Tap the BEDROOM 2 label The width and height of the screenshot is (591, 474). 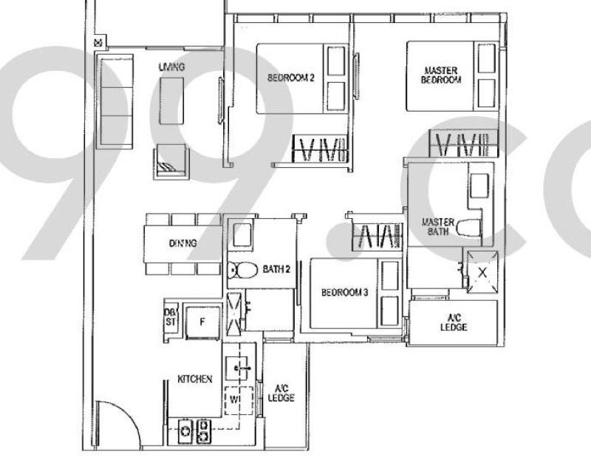(x=290, y=78)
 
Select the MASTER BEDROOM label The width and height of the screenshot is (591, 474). (x=441, y=75)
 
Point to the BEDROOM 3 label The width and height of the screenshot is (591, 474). (x=344, y=292)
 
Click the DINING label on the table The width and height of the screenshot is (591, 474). (x=182, y=243)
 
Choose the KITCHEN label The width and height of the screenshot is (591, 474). (x=195, y=379)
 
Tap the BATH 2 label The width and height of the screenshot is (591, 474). (x=276, y=269)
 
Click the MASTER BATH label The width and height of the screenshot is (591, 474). (x=438, y=227)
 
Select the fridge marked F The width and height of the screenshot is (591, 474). (x=202, y=322)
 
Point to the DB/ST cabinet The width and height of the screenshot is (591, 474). (x=171, y=317)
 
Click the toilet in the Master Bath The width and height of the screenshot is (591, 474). (x=469, y=228)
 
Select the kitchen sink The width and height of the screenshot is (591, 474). (x=236, y=368)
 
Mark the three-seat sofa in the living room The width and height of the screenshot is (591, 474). (x=115, y=101)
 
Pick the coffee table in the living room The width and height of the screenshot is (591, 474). (x=171, y=101)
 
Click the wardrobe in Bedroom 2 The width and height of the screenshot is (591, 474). (x=320, y=149)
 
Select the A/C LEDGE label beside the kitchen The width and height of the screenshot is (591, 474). (x=281, y=393)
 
